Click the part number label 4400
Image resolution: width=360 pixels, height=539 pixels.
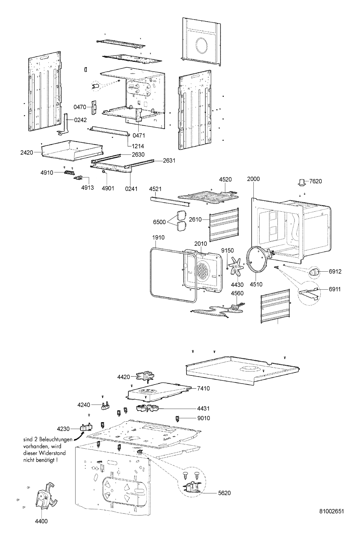coord(41,521)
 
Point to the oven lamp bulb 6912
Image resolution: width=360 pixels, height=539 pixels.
coord(315,272)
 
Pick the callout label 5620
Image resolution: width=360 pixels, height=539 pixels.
coord(224,493)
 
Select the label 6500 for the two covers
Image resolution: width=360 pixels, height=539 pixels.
coord(159,222)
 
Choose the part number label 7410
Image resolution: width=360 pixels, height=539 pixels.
coord(203,388)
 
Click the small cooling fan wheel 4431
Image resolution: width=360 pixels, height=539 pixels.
coord(147,408)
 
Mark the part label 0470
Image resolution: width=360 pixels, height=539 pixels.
coord(80,107)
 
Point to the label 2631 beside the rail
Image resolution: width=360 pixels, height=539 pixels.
coord(169,160)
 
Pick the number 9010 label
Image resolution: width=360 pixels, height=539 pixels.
coord(204,418)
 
